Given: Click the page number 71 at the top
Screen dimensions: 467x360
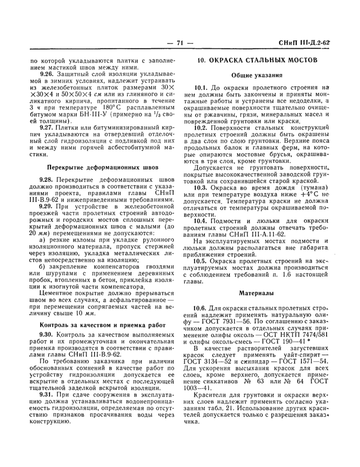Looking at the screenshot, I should click(179, 43).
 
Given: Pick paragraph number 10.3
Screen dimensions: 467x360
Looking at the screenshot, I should click(202, 188).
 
